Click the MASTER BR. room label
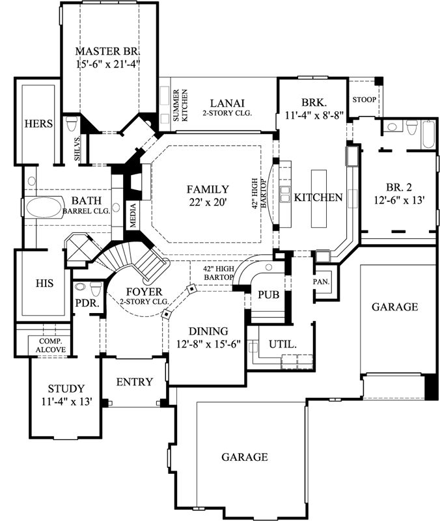[x=107, y=51]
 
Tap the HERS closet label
[x=38, y=124]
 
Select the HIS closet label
[x=44, y=283]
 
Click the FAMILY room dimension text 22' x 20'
[x=208, y=202]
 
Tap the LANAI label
[x=227, y=103]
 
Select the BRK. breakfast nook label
[x=314, y=102]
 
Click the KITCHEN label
[x=318, y=197]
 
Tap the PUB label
[x=268, y=295]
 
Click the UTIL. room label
[x=283, y=344]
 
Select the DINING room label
[x=208, y=331]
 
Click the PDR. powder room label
[x=86, y=303]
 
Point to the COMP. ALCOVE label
[x=49, y=344]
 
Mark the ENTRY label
[x=134, y=382]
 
